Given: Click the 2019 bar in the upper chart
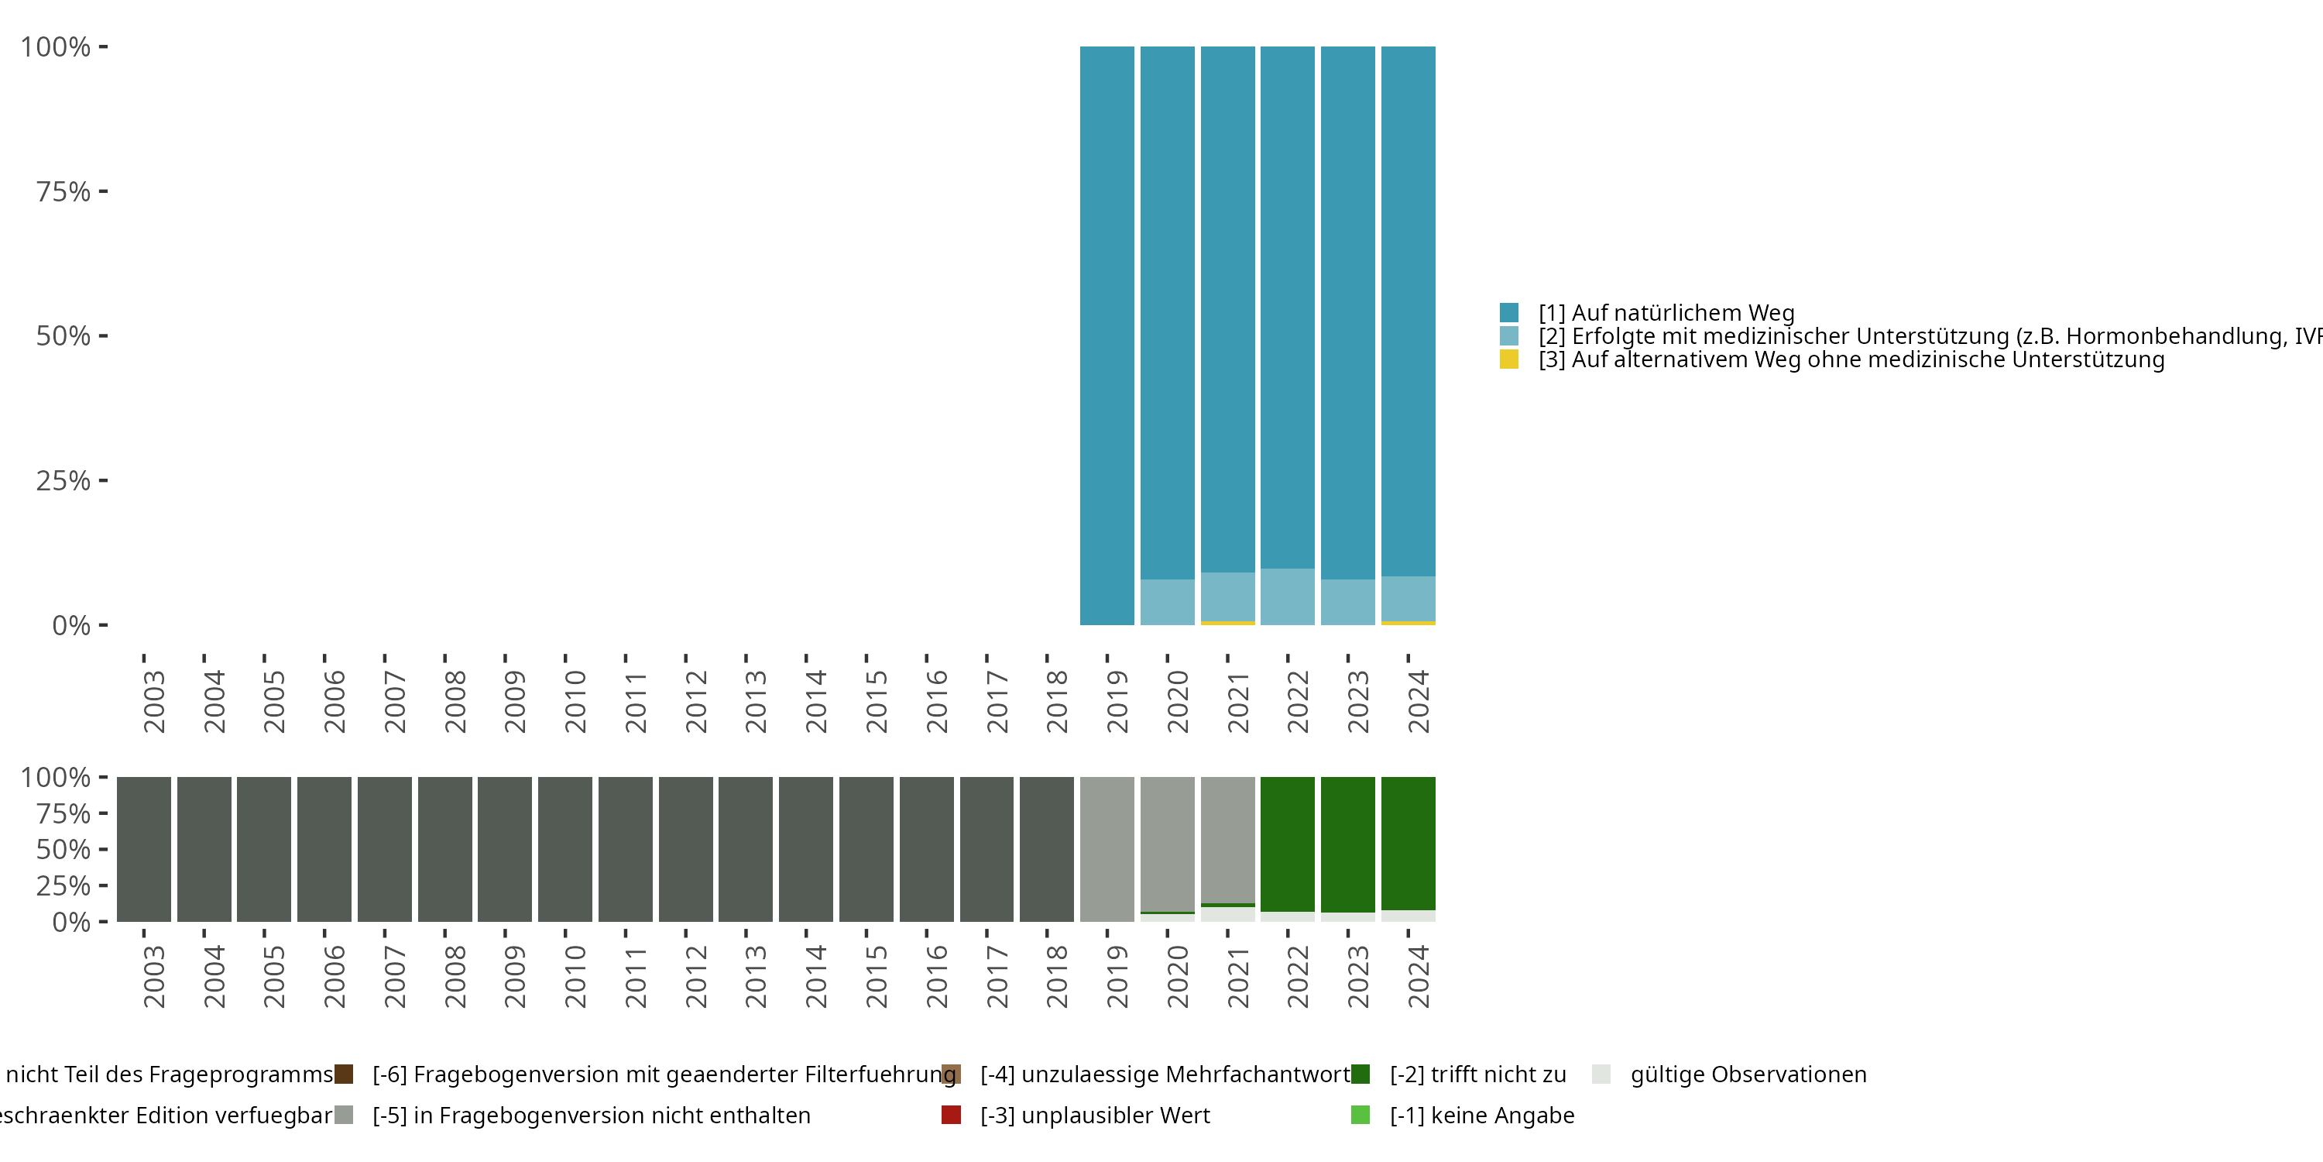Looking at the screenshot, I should click(1107, 335).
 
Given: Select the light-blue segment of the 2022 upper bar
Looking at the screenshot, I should click(1287, 596).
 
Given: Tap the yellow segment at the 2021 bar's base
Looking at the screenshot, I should click(1227, 623).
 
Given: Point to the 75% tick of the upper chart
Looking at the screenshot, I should click(63, 191).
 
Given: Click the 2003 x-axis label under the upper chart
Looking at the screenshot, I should click(153, 701).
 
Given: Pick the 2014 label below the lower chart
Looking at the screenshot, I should click(815, 976).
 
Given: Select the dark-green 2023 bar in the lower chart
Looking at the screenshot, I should click(1347, 844).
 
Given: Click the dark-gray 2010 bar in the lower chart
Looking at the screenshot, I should click(564, 849).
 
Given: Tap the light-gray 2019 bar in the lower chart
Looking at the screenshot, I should click(1107, 849).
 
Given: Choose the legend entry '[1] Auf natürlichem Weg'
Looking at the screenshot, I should click(1666, 313).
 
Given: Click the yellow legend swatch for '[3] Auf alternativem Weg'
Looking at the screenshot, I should click(1508, 360).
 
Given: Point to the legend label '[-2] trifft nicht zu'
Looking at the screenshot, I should click(1477, 1074).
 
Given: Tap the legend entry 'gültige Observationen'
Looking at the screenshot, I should click(1748, 1074).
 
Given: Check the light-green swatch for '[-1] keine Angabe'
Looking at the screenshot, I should click(1360, 1115).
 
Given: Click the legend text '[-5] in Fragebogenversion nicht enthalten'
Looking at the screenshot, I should click(591, 1115).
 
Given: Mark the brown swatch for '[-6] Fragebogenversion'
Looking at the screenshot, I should click(344, 1074).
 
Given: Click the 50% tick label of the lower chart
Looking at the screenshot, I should click(63, 849).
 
